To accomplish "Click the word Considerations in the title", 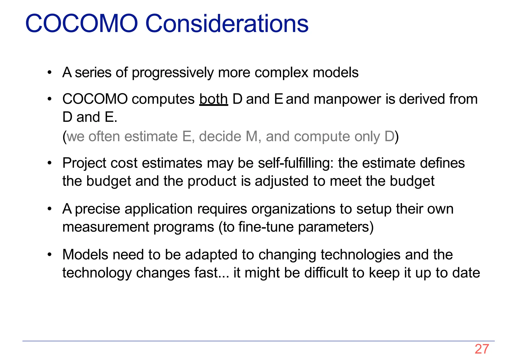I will click(227, 24).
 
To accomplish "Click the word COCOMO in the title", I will click(81, 24).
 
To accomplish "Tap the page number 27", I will click(482, 349).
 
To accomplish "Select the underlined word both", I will click(213, 99).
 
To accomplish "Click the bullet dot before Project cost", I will click(50, 163).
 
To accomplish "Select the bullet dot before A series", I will click(50, 73).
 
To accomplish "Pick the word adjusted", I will click(281, 181).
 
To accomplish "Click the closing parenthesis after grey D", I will click(396, 137).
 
